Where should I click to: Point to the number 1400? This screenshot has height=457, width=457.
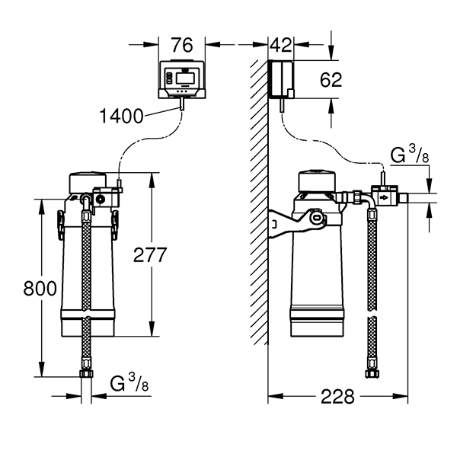(x=121, y=117)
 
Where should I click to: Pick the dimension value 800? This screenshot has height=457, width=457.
(x=18, y=289)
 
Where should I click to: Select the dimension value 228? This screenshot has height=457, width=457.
(x=337, y=397)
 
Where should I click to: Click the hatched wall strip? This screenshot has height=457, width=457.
(x=260, y=228)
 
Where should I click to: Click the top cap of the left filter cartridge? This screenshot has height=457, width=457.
(x=88, y=182)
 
